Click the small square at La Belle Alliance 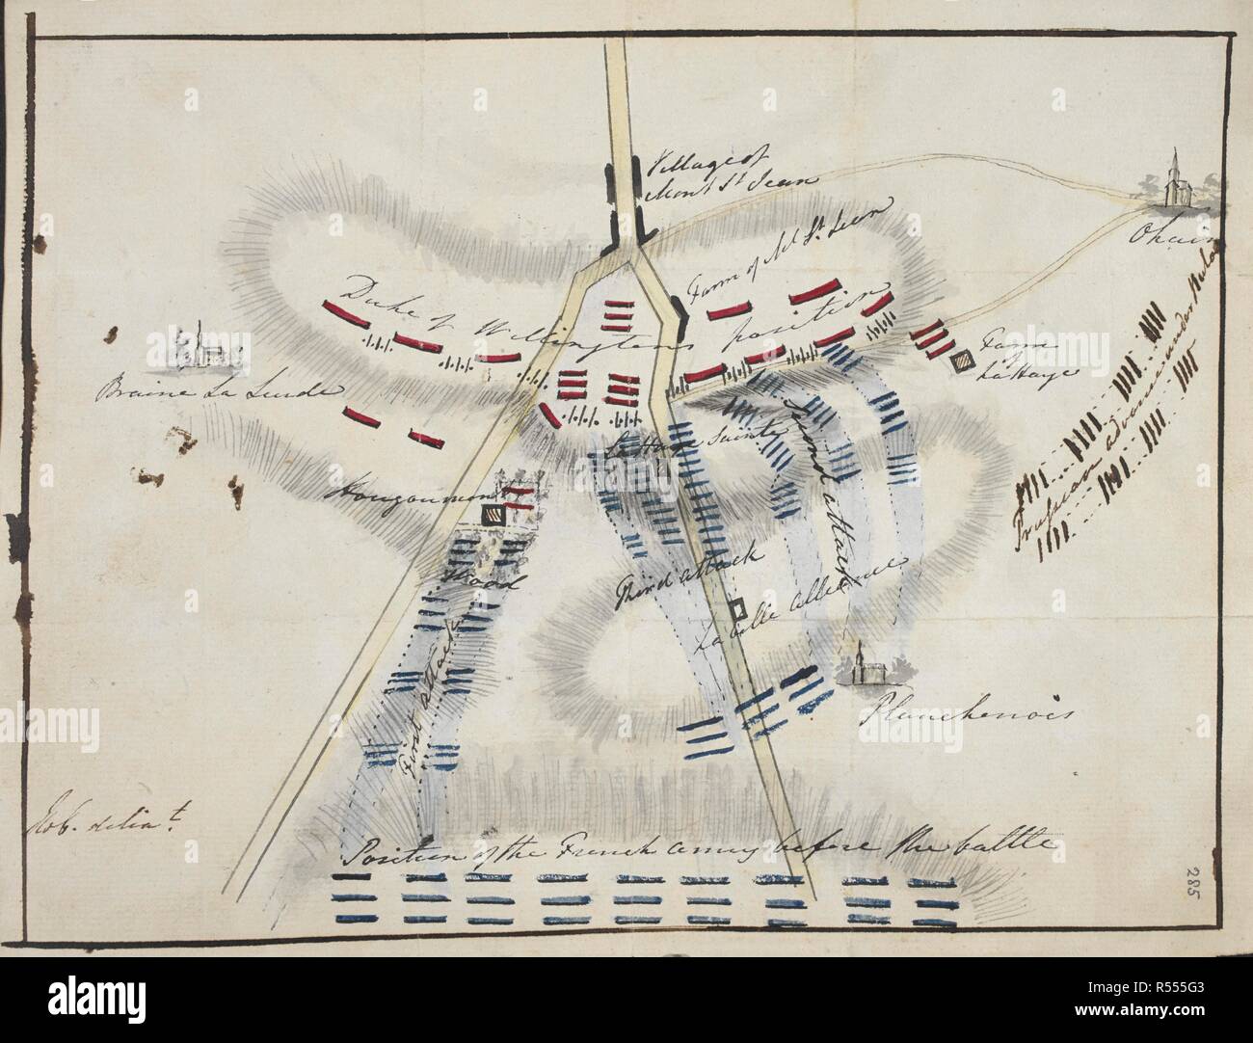pos(736,609)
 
